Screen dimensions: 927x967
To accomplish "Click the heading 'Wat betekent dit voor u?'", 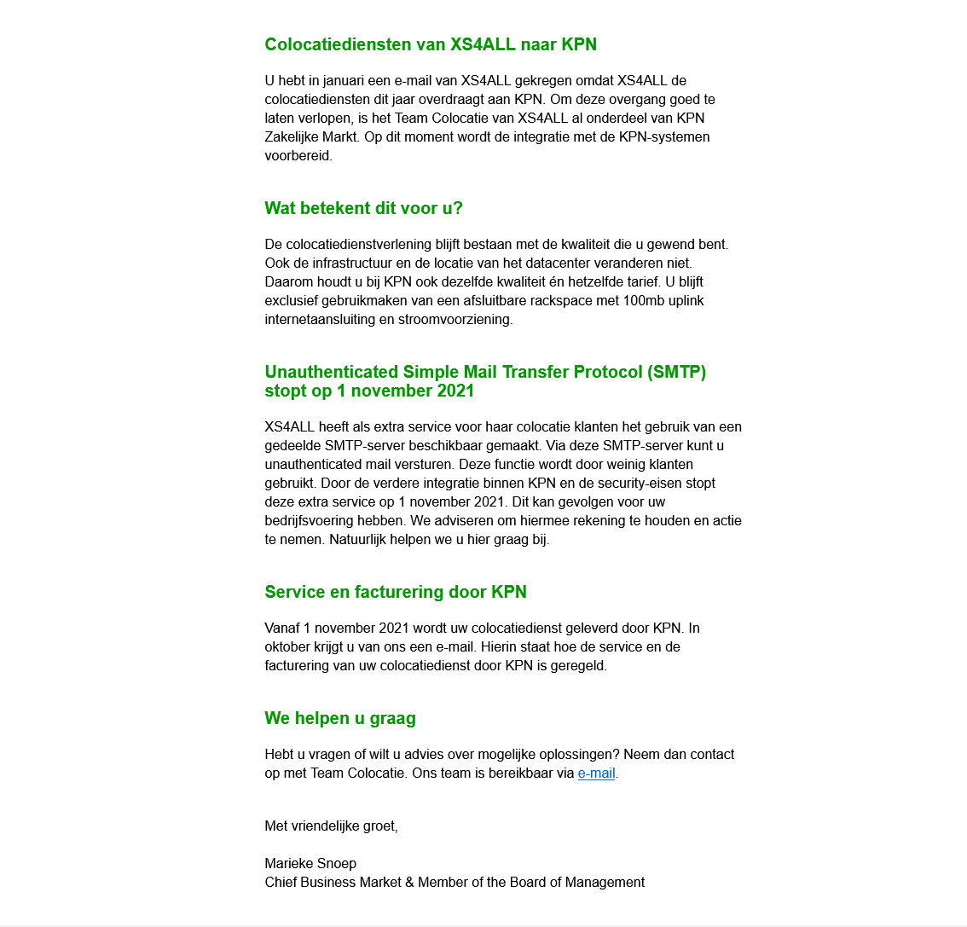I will click(363, 208).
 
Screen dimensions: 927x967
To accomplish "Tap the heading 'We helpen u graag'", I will click(340, 718).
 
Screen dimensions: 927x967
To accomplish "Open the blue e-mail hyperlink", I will click(596, 773).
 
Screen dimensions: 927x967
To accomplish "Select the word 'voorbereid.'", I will click(298, 156).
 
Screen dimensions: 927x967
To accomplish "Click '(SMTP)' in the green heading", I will click(676, 372).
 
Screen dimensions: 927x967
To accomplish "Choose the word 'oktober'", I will click(288, 647).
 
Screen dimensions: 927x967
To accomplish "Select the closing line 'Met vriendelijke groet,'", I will click(331, 826).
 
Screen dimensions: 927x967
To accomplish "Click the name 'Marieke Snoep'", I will click(310, 864).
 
